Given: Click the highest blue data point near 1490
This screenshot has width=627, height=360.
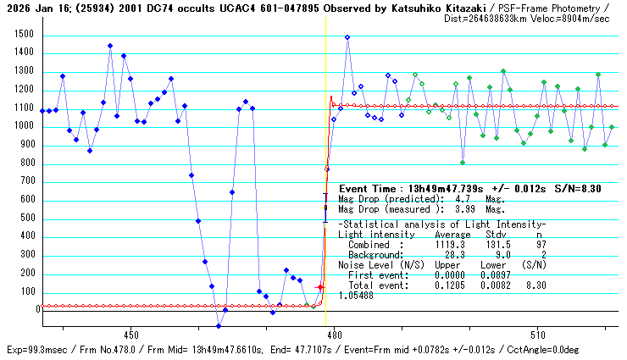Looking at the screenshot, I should point(347,37).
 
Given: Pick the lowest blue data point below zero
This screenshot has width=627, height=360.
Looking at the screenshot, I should point(218,326).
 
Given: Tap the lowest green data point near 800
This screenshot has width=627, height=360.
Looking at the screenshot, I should point(463,163).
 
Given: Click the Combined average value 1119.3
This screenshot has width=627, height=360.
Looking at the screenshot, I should point(450,243).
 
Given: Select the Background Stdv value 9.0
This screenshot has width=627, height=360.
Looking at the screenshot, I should point(496,253).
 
